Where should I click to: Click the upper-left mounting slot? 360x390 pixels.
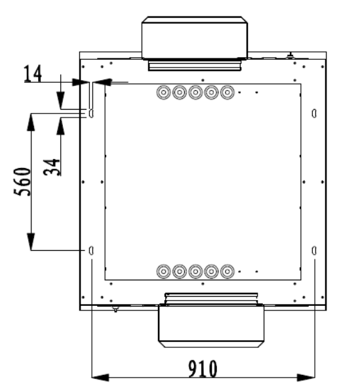91,114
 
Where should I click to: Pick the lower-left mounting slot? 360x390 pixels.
91,250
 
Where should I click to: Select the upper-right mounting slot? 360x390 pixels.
315,114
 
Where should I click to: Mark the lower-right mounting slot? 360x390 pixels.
315,250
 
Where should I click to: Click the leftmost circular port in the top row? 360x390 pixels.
163,93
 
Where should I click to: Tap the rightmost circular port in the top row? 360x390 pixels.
228,93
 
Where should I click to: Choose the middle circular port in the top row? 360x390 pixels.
195,93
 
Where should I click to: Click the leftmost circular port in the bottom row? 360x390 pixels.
163,271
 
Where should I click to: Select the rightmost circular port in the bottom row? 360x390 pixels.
228,271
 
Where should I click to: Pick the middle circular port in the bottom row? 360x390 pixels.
195,271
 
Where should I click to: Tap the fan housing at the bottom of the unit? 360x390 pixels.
211,325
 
